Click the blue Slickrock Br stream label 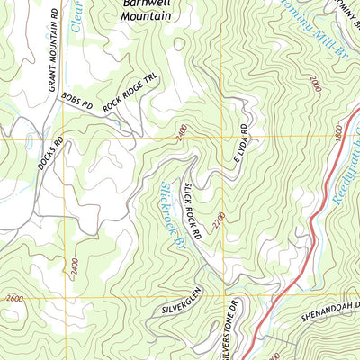tap(171, 216)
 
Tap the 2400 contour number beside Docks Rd tap(71, 266)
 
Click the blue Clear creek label tap(78, 16)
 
